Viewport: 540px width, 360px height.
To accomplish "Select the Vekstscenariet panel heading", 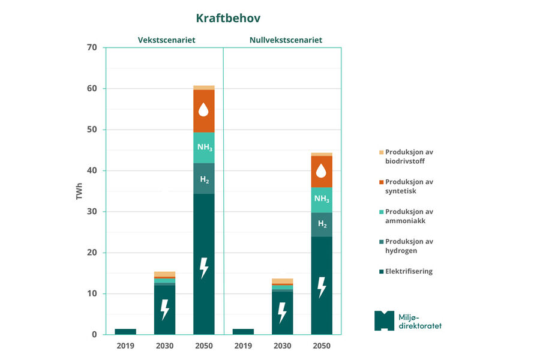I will click(166, 40).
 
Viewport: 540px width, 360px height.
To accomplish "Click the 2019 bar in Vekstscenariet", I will click(125, 331).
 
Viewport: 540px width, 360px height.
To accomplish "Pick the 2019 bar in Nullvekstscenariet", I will click(243, 331).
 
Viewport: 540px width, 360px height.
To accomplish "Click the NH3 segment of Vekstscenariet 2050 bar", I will click(204, 148).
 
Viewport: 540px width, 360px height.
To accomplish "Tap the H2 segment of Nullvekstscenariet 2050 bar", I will click(322, 224).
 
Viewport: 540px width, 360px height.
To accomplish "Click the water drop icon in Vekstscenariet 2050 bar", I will click(204, 110).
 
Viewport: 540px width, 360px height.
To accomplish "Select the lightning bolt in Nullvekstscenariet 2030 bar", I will click(282, 313).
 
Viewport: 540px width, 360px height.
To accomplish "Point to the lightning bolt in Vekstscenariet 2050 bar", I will click(204, 268).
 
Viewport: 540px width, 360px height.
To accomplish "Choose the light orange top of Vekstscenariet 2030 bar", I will click(164, 274).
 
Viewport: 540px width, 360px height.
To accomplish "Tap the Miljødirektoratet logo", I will click(407, 320).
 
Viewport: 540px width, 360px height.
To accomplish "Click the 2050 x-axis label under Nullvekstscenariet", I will click(322, 346).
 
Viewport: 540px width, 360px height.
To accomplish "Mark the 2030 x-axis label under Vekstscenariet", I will click(164, 346).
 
